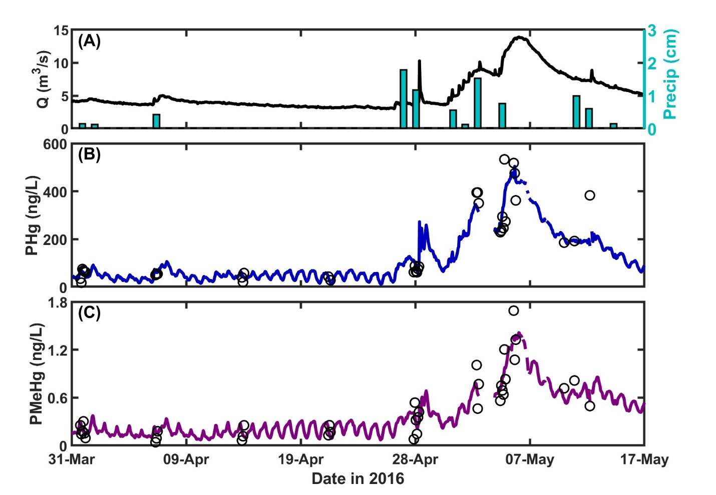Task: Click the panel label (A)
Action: tap(89, 41)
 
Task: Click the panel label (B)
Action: tap(89, 154)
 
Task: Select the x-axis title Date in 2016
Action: tap(357, 478)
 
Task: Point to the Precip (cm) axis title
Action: tap(669, 74)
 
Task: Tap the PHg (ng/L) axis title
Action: tap(33, 215)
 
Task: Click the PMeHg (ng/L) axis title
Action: tap(36, 374)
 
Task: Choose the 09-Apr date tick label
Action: tap(186, 459)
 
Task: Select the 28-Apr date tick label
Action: tap(415, 459)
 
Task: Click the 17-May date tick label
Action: tap(644, 459)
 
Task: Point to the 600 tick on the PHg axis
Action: tap(55, 144)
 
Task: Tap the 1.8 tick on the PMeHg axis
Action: tap(58, 302)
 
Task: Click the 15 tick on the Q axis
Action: tap(61, 30)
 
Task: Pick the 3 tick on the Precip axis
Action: tap(652, 30)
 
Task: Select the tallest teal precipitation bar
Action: tap(403, 98)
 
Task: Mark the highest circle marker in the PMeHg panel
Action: tap(513, 310)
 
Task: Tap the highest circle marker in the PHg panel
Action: tap(504, 159)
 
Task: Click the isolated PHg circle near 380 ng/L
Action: tap(589, 195)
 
